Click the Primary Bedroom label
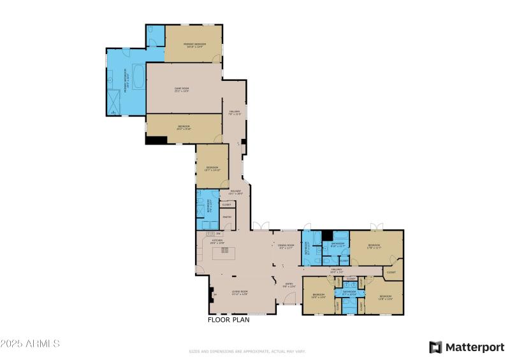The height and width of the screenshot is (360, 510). pyautogui.click(x=194, y=45)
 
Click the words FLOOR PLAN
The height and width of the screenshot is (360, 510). pyautogui.click(x=228, y=320)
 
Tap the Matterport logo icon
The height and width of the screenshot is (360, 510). pyautogui.click(x=435, y=347)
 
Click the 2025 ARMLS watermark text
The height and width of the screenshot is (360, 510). pyautogui.click(x=30, y=343)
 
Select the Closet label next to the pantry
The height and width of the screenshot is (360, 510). pyautogui.click(x=226, y=205)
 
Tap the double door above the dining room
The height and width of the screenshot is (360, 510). pyautogui.click(x=260, y=226)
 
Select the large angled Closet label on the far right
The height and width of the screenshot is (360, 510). pyautogui.click(x=391, y=273)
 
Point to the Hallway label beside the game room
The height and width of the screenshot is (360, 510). pyautogui.click(x=234, y=113)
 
